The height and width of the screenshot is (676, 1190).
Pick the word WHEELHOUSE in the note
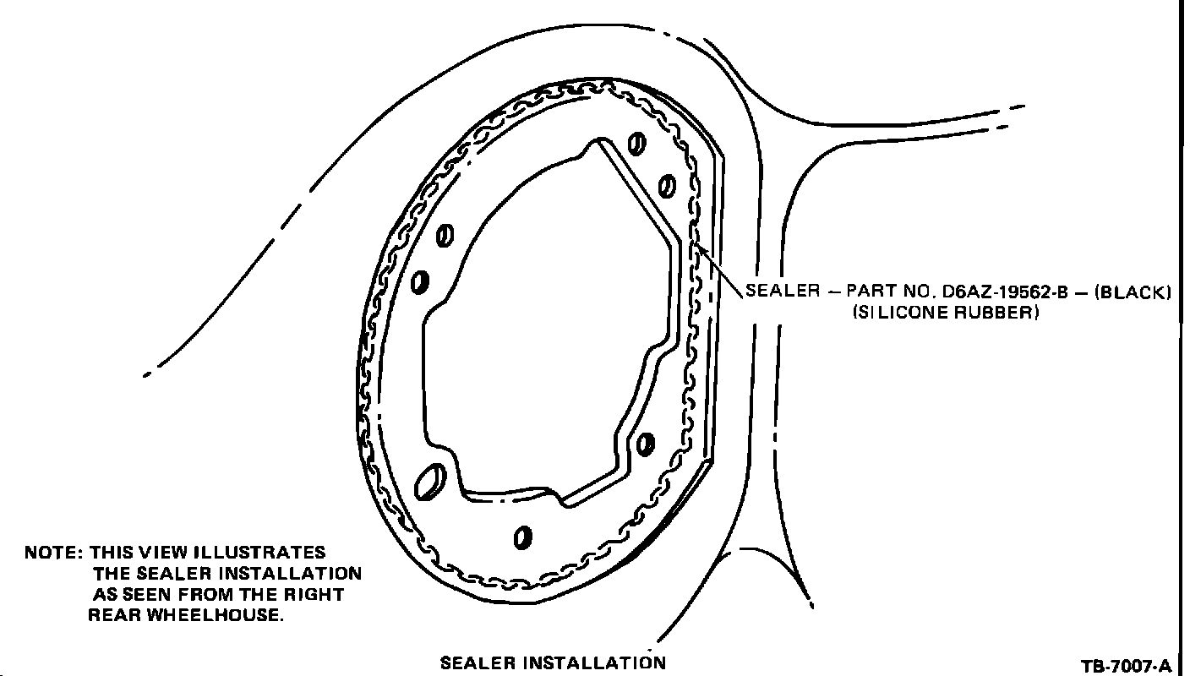215,615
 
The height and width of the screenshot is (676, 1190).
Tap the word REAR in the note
115,615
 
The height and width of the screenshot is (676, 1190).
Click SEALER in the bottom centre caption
477,662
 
